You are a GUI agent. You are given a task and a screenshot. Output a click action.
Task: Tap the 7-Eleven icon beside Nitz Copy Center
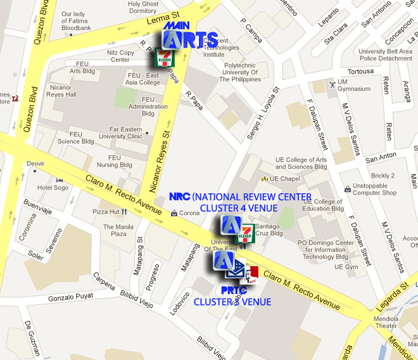163,58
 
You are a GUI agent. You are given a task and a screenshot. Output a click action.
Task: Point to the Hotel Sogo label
52,188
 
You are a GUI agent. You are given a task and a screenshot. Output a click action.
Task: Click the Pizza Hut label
106,212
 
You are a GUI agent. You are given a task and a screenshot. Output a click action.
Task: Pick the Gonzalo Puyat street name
70,297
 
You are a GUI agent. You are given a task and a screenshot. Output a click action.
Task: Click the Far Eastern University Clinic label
126,132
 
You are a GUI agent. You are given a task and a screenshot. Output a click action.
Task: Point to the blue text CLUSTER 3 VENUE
232,302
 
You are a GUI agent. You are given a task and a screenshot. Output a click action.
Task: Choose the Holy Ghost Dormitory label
142,7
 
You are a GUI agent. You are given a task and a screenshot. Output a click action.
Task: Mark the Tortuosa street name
360,71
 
